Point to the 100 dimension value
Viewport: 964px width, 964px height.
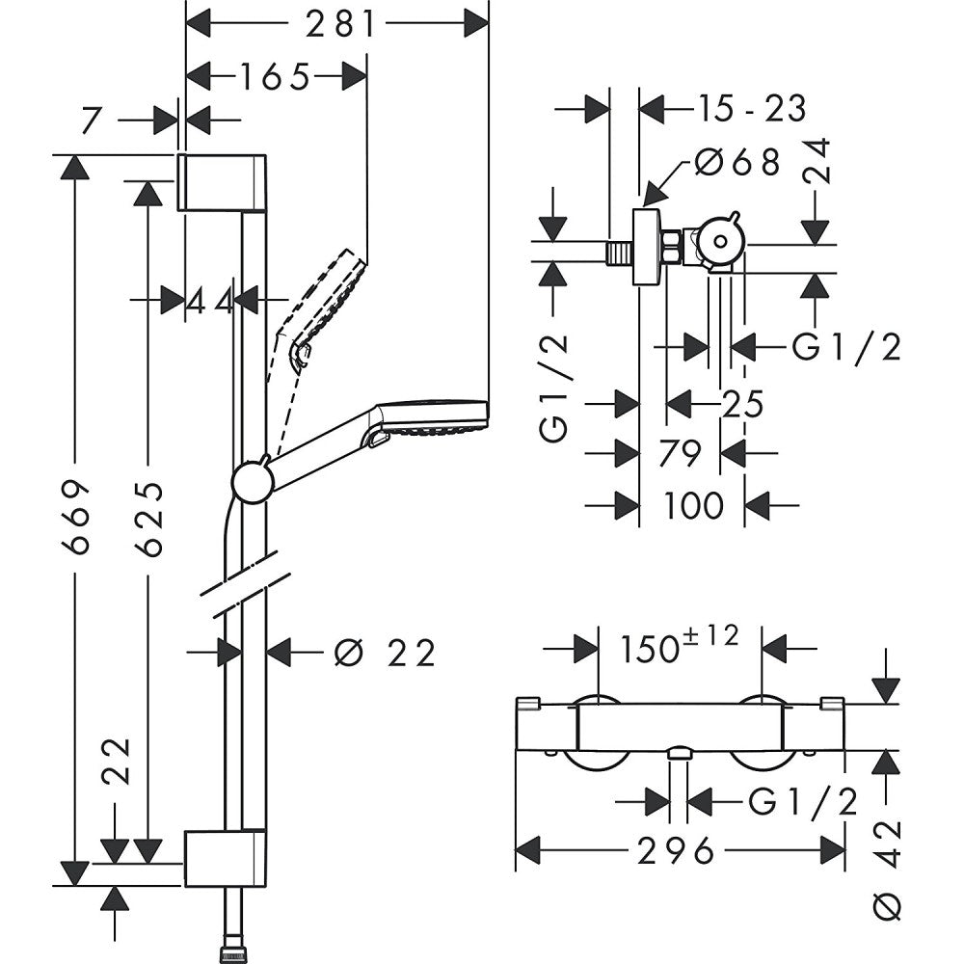point(692,504)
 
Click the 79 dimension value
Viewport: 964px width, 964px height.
point(680,453)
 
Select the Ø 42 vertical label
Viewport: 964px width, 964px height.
point(891,868)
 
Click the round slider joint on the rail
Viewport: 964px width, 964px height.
point(252,481)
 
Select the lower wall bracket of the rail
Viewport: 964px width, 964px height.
point(225,857)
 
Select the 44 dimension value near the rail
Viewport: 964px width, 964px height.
point(210,301)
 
